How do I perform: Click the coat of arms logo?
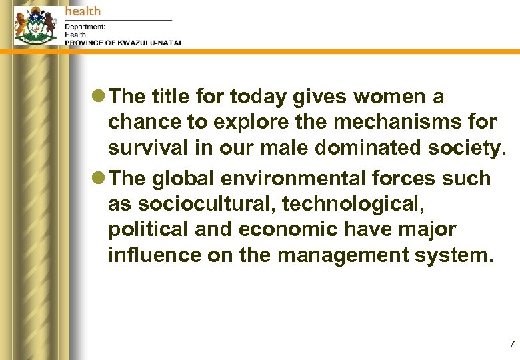point(35,25)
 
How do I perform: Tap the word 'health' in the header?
point(83,11)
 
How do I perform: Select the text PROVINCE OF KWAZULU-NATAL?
point(123,43)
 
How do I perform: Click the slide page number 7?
point(512,344)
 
